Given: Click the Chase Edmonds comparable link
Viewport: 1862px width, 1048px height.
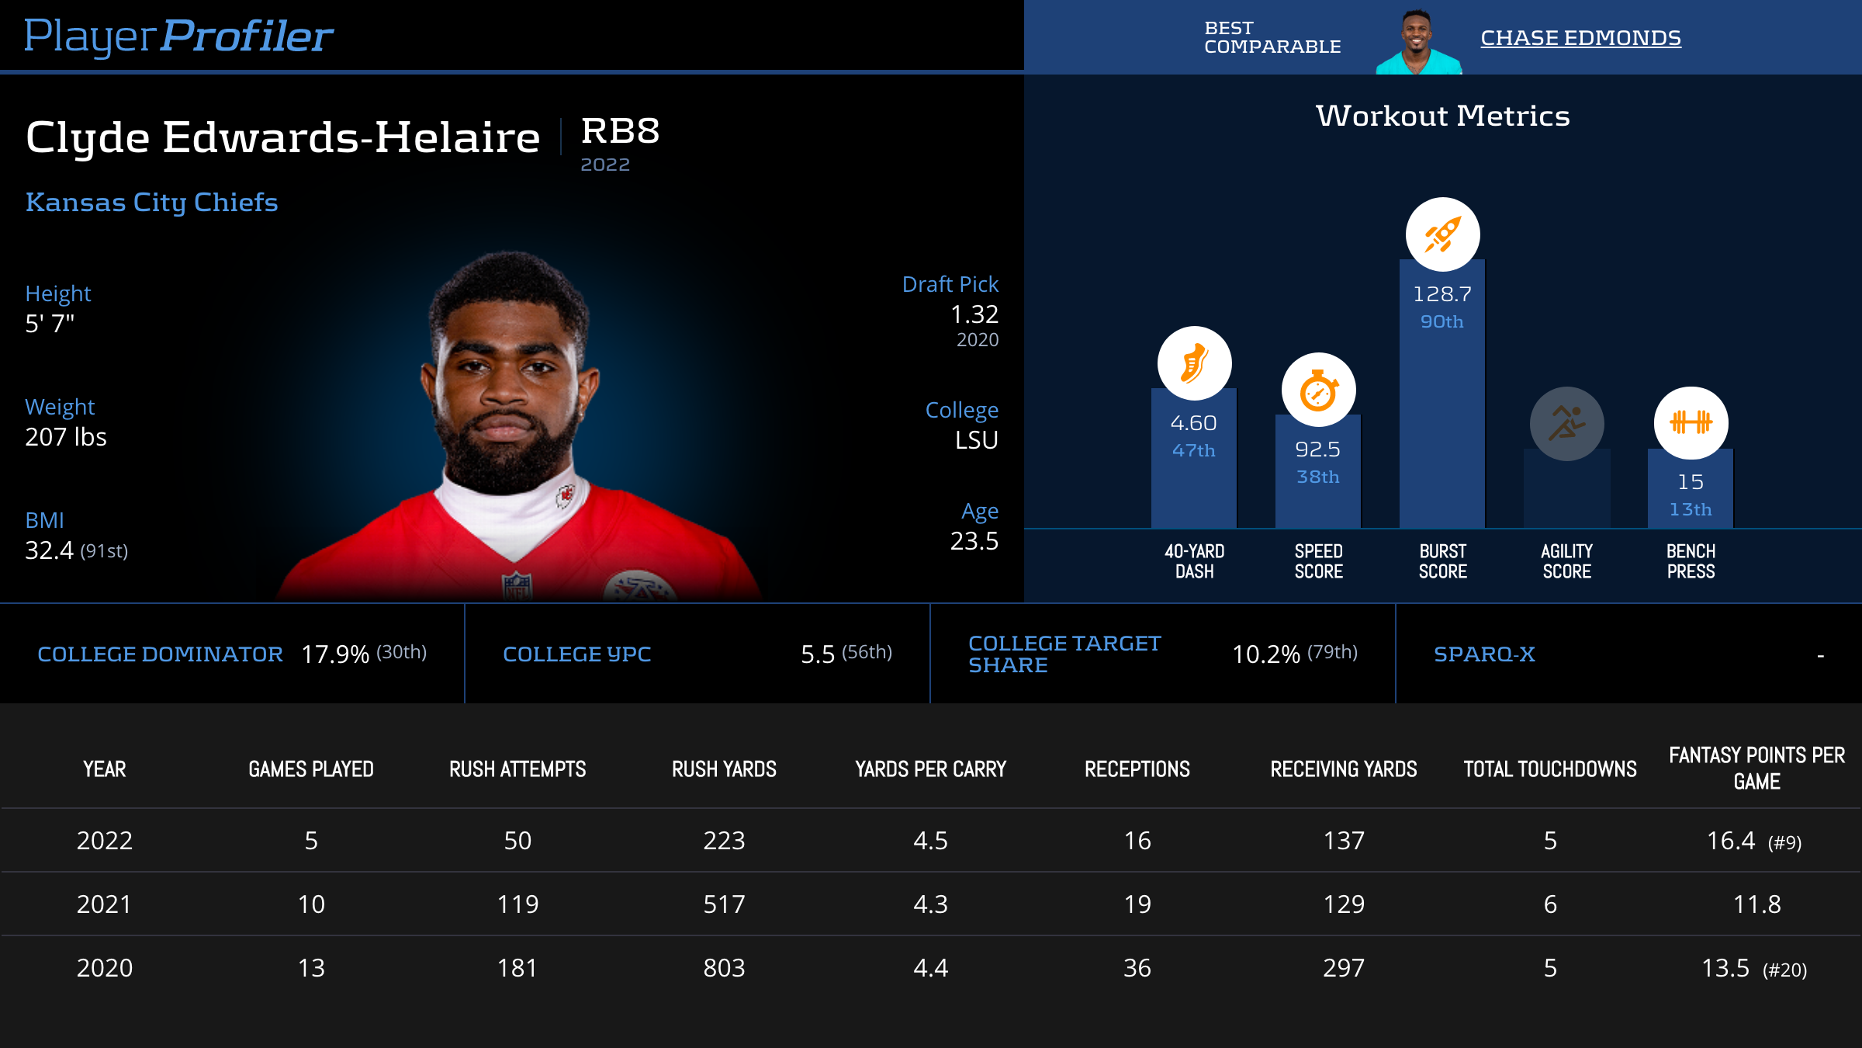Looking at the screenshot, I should point(1580,38).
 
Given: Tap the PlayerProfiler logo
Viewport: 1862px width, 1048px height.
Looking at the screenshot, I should point(178,36).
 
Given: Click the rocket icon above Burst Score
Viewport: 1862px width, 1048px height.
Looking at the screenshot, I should point(1442,234).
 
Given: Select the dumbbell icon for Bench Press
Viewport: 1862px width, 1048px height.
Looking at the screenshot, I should point(1691,423).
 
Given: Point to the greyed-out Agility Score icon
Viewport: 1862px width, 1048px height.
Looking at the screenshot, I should point(1566,424).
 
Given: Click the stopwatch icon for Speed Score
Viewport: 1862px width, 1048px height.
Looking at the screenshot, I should point(1318,390).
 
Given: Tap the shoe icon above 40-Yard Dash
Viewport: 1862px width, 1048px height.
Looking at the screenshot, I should point(1194,363).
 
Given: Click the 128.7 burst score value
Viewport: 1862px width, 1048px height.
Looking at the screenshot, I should point(1441,294).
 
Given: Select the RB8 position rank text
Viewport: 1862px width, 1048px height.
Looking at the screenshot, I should point(620,131).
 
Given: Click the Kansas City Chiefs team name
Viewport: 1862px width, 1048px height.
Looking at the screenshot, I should point(151,202).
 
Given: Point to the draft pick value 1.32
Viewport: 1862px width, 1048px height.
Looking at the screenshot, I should point(974,314).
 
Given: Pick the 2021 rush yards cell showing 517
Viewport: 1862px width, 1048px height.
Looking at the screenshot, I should point(724,904).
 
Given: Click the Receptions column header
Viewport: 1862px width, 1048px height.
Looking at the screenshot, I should point(1137,769).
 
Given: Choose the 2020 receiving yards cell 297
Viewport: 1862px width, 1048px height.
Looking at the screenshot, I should point(1344,968).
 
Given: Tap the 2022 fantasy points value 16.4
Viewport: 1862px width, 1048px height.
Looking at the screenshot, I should point(1730,841).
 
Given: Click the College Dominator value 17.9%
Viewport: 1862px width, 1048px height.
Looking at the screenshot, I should point(335,654).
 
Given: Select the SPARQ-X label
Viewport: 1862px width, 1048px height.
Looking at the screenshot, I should point(1484,654).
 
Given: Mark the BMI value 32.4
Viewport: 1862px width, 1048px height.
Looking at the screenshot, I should point(49,550).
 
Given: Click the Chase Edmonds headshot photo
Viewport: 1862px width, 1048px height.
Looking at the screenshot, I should point(1418,43).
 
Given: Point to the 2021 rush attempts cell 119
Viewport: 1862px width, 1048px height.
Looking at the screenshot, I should point(517,904).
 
